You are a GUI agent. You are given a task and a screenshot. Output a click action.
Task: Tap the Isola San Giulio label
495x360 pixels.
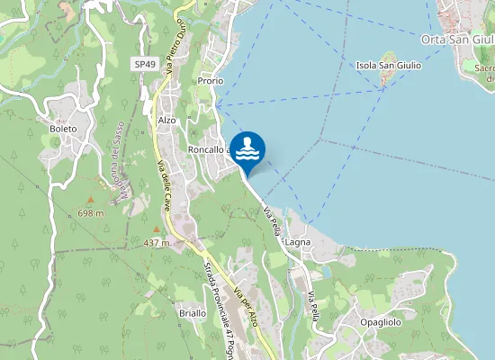point(389,65)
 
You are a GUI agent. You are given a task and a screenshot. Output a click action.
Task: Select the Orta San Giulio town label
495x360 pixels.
point(457,39)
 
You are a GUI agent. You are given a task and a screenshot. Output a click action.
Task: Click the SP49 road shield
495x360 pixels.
point(144,65)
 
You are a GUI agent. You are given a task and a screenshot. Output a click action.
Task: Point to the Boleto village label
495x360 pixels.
point(64,129)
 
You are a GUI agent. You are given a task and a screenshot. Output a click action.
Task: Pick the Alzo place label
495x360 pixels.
point(166,120)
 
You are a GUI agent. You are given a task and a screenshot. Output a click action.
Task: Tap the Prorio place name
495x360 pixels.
point(210,81)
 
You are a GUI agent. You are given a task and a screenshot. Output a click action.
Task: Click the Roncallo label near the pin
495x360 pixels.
point(209,149)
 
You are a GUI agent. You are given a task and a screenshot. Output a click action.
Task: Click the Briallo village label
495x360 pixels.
point(192,313)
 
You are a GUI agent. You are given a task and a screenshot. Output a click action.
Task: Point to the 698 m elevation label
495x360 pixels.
point(91,213)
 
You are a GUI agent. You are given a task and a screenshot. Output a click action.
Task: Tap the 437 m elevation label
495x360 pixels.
point(157,243)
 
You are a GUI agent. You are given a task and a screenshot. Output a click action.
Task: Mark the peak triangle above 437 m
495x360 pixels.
point(156,229)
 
